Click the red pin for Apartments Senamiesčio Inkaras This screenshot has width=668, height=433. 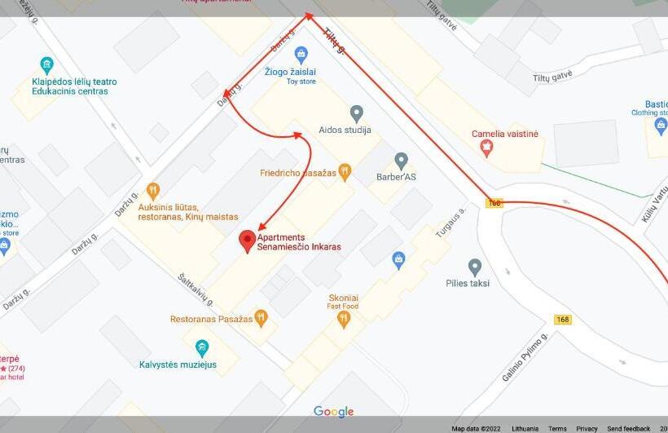(246, 241)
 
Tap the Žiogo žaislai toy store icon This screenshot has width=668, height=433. (301, 55)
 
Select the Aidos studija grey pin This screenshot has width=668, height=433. (356, 113)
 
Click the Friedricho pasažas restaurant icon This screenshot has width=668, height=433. (345, 172)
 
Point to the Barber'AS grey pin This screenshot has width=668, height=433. (401, 161)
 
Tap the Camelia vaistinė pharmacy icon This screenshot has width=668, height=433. (487, 148)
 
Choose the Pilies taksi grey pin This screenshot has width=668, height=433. (475, 267)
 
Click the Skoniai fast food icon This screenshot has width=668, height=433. (344, 319)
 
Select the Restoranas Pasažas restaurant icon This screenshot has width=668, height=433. (261, 318)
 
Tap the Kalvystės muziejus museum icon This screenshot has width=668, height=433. (201, 348)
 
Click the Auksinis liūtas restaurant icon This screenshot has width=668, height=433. (152, 191)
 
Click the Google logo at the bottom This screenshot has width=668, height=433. (334, 412)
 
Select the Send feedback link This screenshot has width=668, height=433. (628, 428)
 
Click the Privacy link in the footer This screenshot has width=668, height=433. (587, 428)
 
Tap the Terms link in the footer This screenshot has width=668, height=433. (557, 428)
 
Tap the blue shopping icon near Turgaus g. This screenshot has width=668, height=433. (398, 260)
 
